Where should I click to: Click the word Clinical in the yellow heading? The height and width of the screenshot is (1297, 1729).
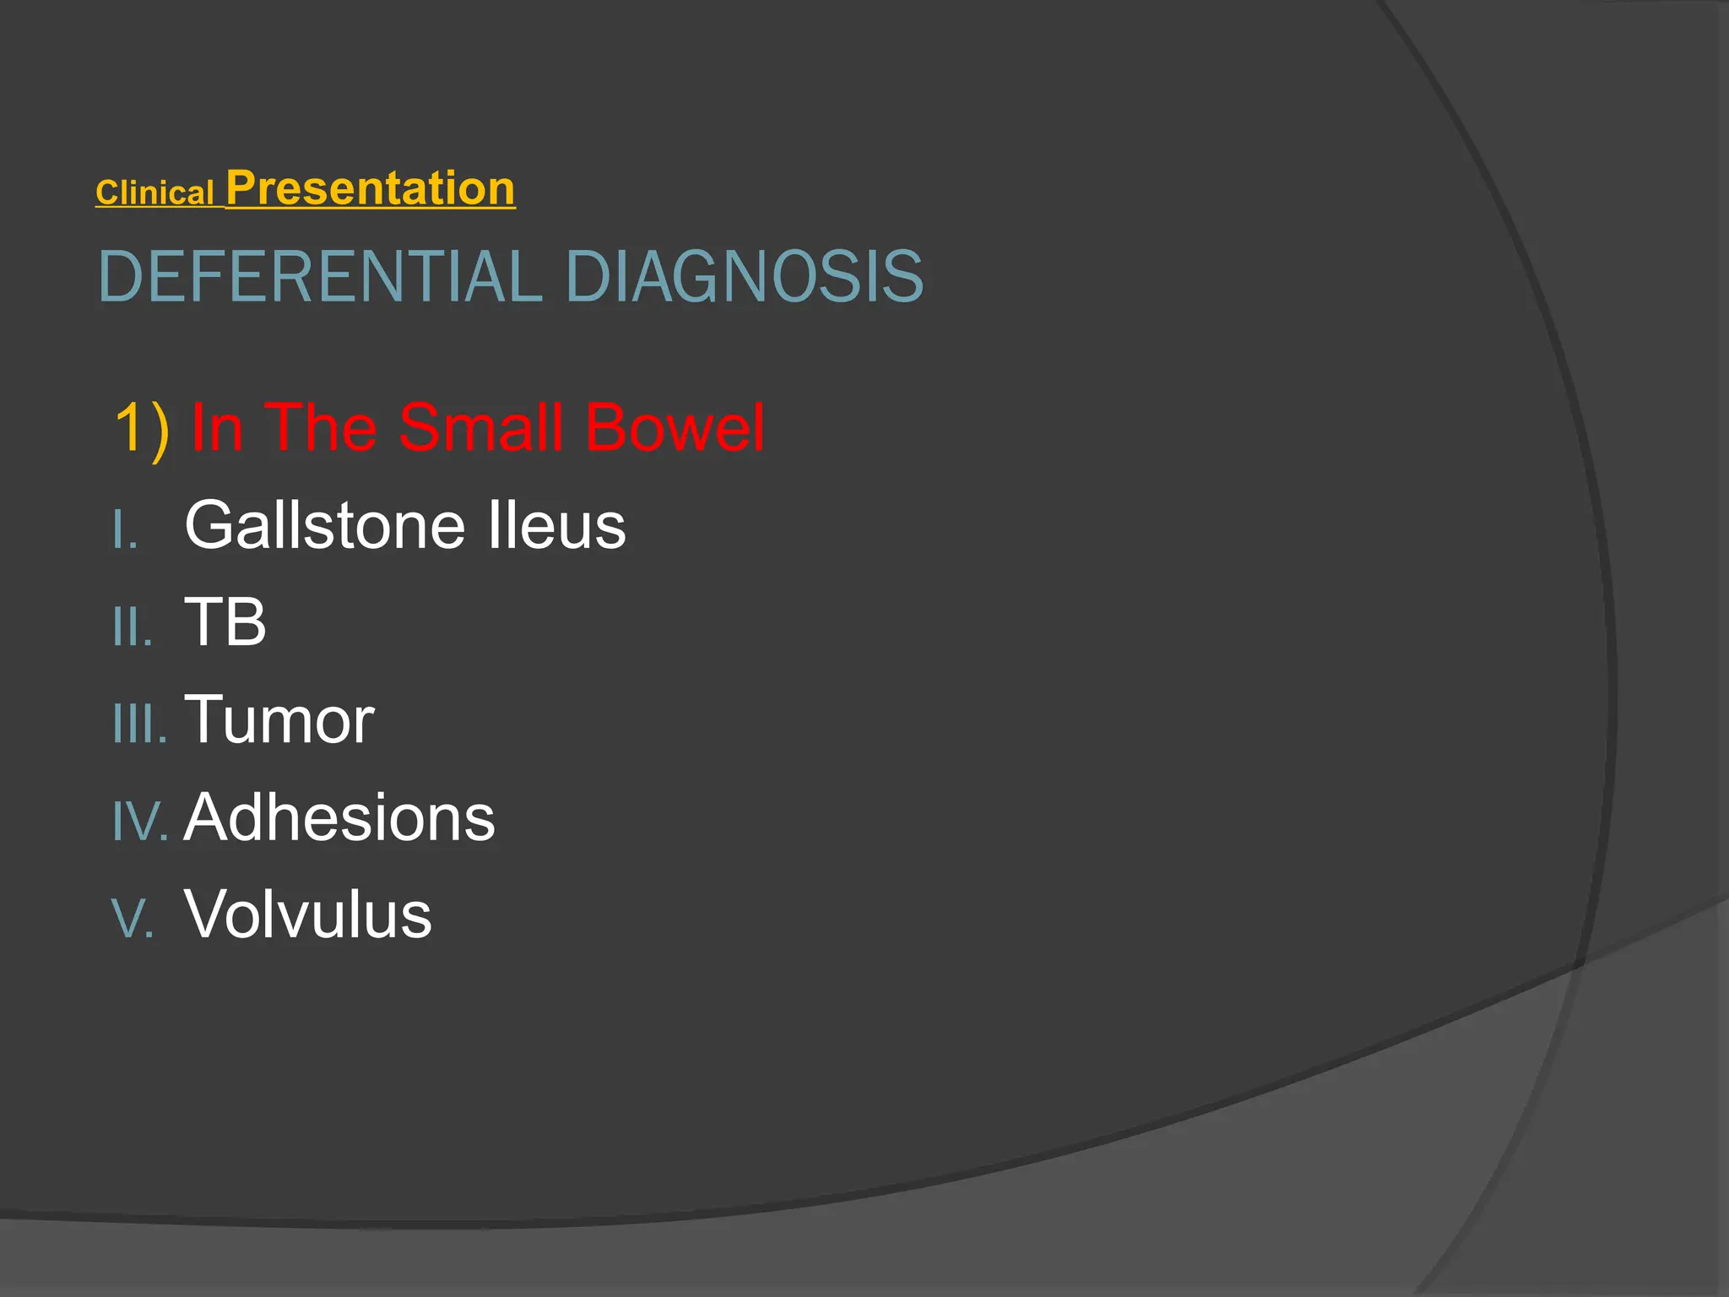(154, 193)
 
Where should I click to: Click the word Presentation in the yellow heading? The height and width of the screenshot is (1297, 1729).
(370, 187)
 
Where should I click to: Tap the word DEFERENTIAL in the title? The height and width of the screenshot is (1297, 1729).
(321, 276)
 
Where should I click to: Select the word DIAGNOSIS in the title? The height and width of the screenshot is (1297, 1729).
(744, 276)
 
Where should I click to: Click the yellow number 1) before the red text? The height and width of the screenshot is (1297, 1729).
(141, 428)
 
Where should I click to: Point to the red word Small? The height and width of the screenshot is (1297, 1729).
(480, 427)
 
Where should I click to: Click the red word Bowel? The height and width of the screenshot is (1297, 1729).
(675, 427)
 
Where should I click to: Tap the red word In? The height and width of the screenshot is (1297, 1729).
(217, 427)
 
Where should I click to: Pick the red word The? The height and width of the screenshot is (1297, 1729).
(320, 427)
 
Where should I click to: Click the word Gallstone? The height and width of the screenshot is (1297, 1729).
(324, 525)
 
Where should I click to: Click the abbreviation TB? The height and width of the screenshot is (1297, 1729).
(225, 622)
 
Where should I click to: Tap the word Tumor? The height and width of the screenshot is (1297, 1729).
(279, 719)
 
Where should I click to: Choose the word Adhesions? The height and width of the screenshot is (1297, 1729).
(339, 817)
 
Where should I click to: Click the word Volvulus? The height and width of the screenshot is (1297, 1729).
(308, 914)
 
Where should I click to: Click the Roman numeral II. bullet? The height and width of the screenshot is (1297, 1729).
(132, 627)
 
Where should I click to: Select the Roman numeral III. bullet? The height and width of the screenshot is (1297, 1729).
(139, 724)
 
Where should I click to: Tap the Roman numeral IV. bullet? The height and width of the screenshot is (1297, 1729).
(139, 822)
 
